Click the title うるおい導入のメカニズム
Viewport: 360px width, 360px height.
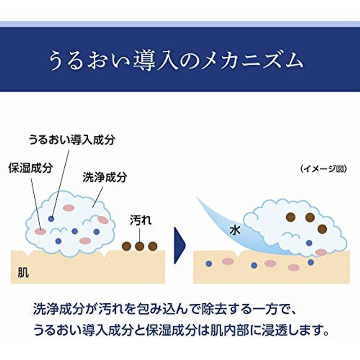[176, 61]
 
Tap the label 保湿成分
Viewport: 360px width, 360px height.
[31, 168]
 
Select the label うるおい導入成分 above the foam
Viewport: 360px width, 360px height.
[72, 139]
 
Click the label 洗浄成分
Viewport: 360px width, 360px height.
[105, 177]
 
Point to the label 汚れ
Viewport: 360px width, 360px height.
[141, 220]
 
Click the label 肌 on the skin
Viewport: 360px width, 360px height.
[23, 273]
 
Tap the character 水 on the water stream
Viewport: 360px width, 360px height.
[235, 230]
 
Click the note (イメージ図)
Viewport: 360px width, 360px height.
[323, 169]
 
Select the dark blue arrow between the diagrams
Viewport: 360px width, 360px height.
[180, 245]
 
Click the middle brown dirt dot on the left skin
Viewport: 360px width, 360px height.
[139, 246]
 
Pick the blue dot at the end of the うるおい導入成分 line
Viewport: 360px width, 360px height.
[51, 219]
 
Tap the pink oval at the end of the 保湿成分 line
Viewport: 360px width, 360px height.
[40, 232]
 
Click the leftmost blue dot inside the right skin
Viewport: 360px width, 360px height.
[208, 264]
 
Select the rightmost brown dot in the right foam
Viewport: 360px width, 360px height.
[322, 229]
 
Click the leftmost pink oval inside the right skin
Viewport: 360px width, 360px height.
[228, 261]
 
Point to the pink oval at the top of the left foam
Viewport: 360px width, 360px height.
[69, 208]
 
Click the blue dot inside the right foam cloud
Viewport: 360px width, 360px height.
[309, 243]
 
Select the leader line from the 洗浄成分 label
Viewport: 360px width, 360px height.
[98, 197]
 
